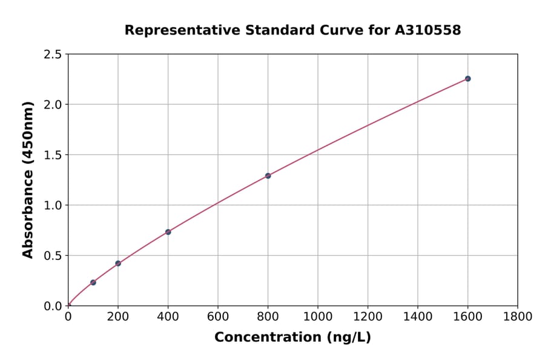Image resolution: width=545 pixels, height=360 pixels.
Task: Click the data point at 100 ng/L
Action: [93, 282]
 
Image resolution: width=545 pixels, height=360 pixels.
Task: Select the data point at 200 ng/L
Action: [118, 264]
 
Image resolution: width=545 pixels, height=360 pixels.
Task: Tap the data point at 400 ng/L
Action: [168, 232]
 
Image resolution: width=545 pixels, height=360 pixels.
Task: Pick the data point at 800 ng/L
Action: [268, 176]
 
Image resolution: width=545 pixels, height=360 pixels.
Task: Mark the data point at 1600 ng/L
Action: [467, 79]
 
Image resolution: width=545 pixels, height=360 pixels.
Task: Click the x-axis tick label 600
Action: [218, 316]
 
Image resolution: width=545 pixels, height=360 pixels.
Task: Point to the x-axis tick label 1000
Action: [318, 316]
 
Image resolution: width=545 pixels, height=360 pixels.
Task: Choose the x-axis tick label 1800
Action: [518, 316]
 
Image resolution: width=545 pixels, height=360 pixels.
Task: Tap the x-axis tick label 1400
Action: [418, 316]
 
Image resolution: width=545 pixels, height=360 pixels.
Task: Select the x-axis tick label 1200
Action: [368, 316]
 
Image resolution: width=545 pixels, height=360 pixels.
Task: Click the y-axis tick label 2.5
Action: [53, 55]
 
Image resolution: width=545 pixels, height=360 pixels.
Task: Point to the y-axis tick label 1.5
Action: [53, 155]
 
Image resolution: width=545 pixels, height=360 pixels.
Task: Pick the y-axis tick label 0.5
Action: [53, 256]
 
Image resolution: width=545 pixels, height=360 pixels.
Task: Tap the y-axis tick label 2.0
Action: [53, 105]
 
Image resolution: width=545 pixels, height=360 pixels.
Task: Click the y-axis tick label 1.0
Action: [53, 205]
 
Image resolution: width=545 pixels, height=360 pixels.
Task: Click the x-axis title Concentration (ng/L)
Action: [292, 338]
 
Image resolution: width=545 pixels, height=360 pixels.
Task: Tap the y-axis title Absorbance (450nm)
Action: [28, 179]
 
